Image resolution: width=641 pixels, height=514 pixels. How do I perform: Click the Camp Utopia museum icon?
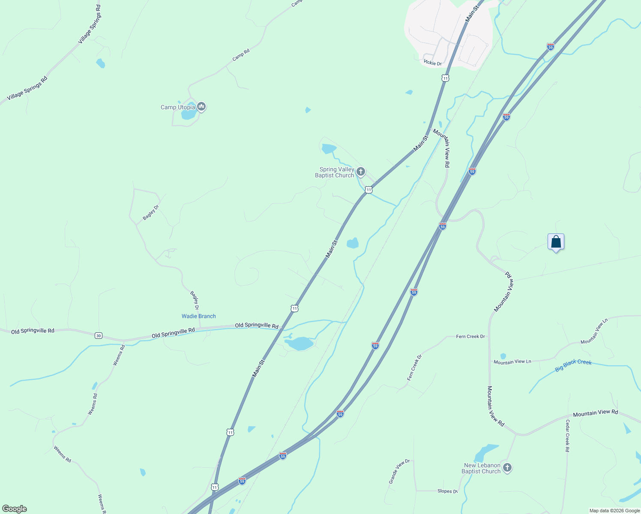201,106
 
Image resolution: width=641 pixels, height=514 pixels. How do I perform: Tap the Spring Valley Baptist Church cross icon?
360,172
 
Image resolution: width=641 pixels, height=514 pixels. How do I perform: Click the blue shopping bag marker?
556,242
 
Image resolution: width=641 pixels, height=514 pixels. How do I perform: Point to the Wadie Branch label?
199,316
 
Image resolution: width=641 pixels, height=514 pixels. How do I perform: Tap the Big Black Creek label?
573,365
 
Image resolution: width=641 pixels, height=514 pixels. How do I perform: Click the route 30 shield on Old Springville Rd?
99,335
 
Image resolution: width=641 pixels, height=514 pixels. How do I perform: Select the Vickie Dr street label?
432,63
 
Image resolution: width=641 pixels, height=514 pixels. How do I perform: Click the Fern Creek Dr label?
470,337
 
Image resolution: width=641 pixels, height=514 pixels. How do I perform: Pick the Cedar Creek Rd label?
567,436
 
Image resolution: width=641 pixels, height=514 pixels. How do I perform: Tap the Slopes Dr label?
447,491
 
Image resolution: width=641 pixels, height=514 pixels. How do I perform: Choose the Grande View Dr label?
399,471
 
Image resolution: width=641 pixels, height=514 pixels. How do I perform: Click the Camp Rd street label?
241,55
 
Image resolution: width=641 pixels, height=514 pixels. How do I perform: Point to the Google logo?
14,509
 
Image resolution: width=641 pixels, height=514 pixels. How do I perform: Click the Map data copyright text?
614,511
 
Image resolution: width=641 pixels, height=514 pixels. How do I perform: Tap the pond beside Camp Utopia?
189,114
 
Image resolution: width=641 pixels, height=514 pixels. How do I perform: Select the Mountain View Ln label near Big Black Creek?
512,362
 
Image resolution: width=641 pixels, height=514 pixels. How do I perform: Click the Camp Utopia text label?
177,107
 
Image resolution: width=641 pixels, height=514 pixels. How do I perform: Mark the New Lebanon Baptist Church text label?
482,468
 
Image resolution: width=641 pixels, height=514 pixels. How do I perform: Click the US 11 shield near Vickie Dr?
446,78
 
